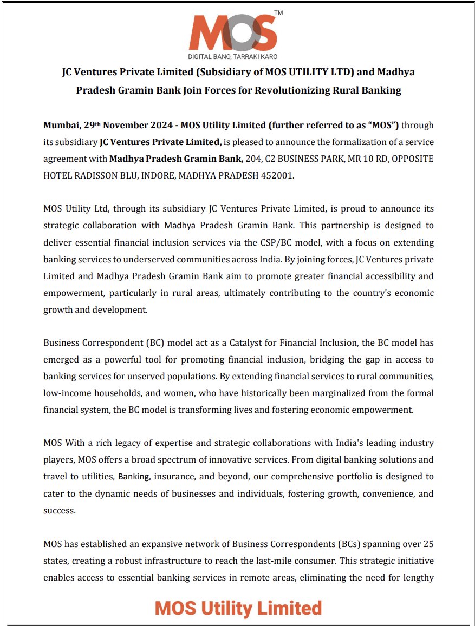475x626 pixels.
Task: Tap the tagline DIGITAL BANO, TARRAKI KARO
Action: tap(234, 56)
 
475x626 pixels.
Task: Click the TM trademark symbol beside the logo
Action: tap(278, 12)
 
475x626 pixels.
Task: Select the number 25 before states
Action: tap(428, 544)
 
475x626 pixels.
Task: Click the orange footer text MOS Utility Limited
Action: tap(238, 608)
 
